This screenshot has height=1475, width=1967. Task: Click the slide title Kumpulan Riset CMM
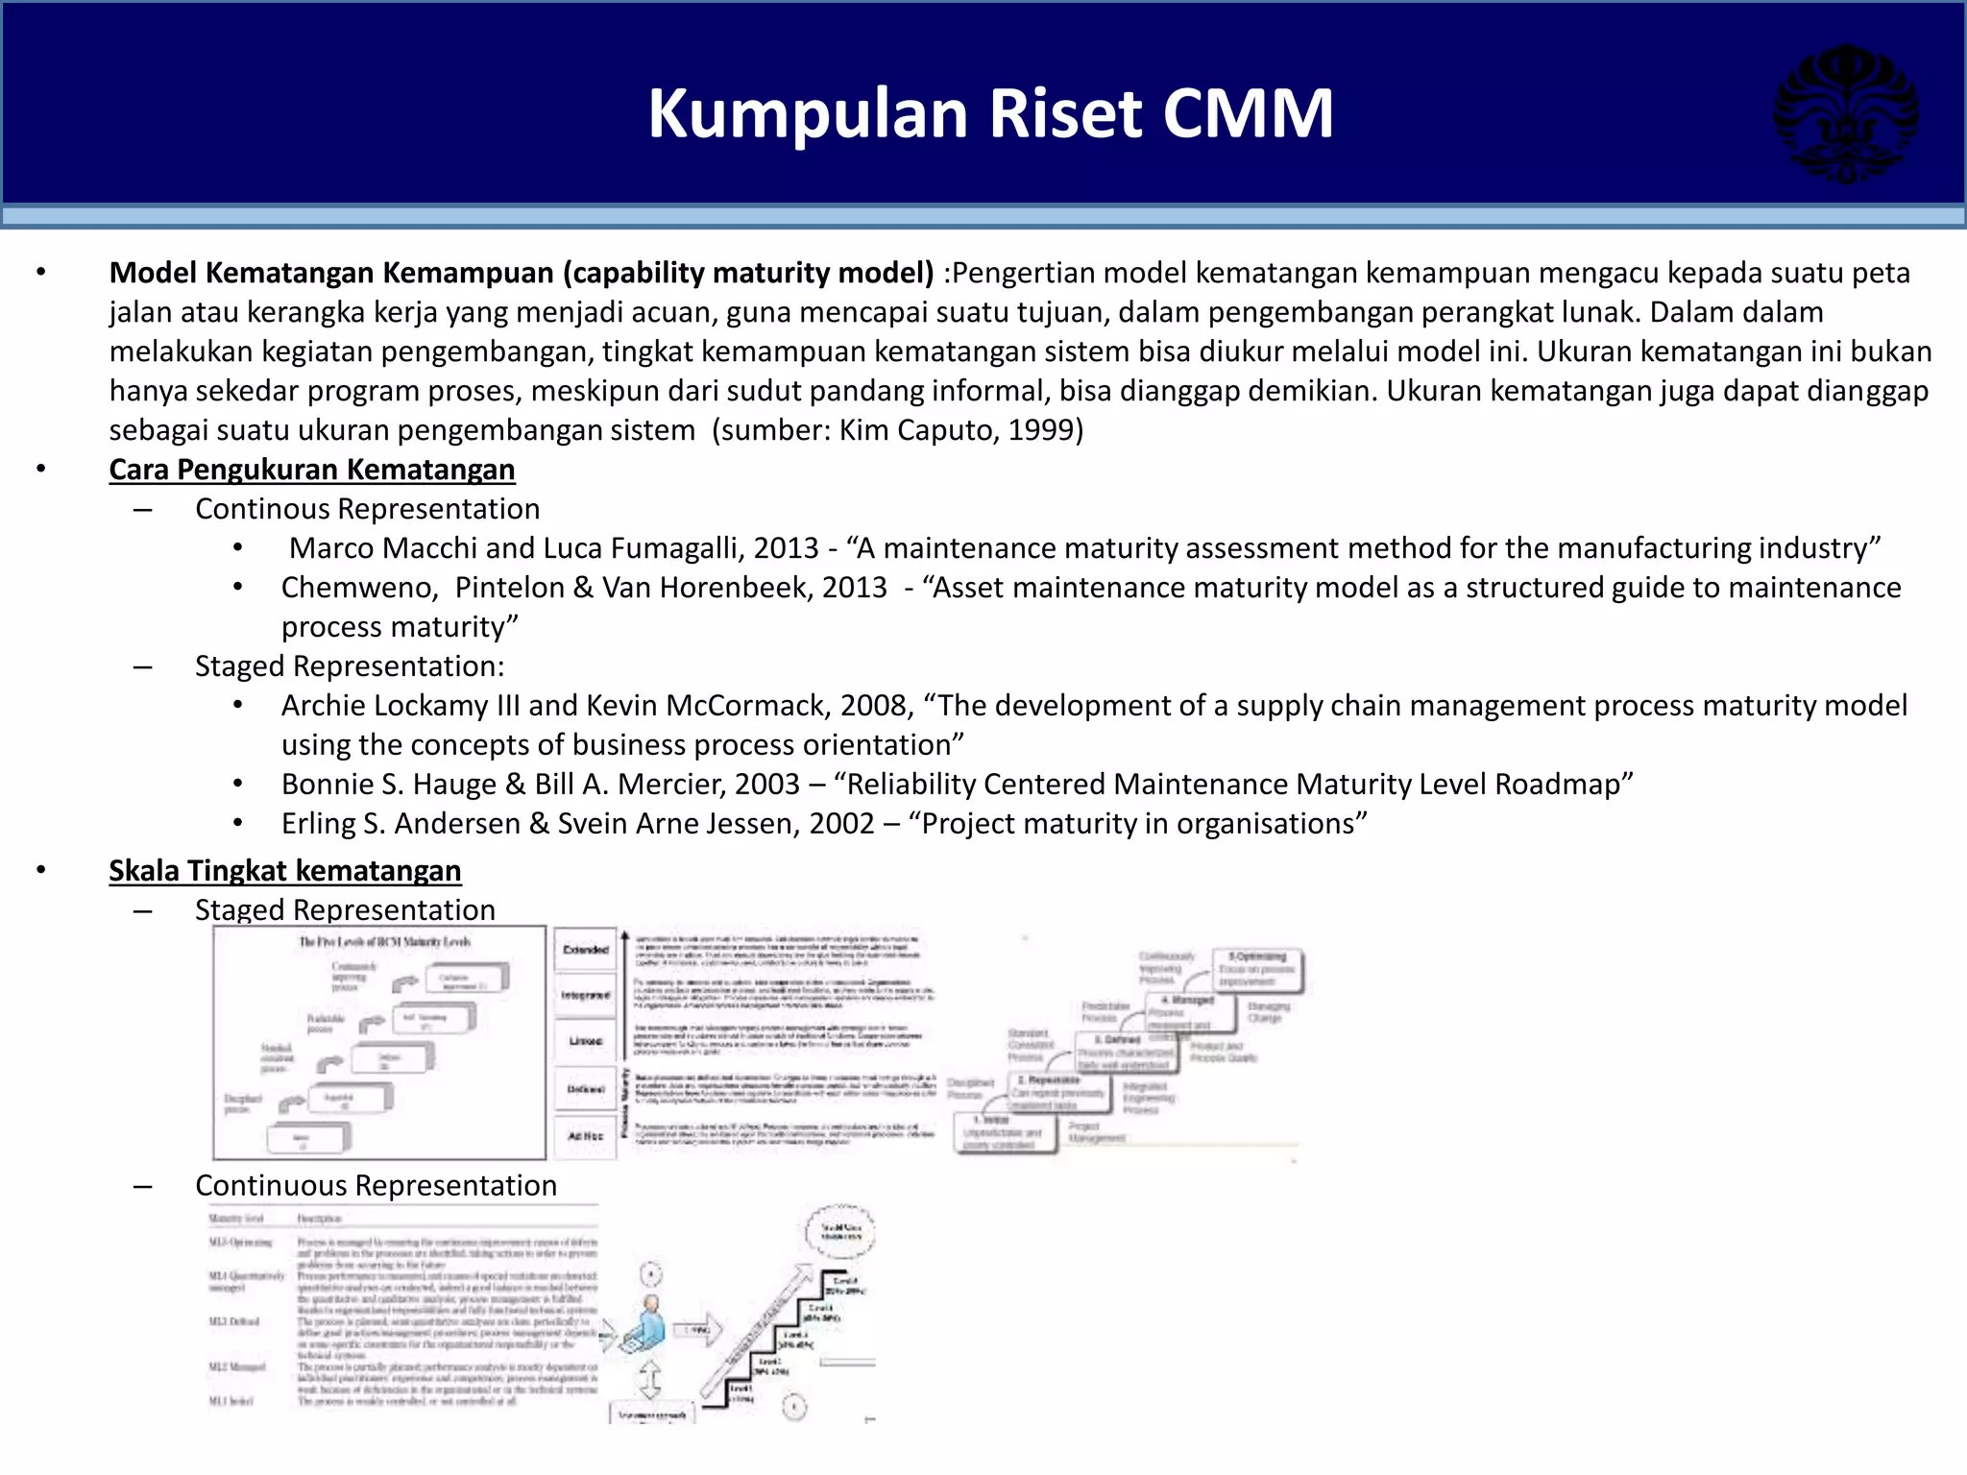990,113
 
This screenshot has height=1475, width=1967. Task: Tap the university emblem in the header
1845,113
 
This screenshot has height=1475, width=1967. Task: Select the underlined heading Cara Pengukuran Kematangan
312,470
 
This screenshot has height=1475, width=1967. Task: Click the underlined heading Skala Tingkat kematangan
285,870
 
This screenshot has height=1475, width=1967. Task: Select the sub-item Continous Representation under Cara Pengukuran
368,509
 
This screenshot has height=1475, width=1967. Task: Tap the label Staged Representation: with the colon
350,666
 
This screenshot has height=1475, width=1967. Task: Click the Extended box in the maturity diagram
586,950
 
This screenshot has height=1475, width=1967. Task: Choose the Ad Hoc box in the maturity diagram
586,1136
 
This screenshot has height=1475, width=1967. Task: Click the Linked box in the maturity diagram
586,1041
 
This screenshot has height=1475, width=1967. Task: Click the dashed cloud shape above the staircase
841,1231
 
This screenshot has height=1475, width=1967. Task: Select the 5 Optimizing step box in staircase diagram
1257,968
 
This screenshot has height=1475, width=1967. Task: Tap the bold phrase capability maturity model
747,273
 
